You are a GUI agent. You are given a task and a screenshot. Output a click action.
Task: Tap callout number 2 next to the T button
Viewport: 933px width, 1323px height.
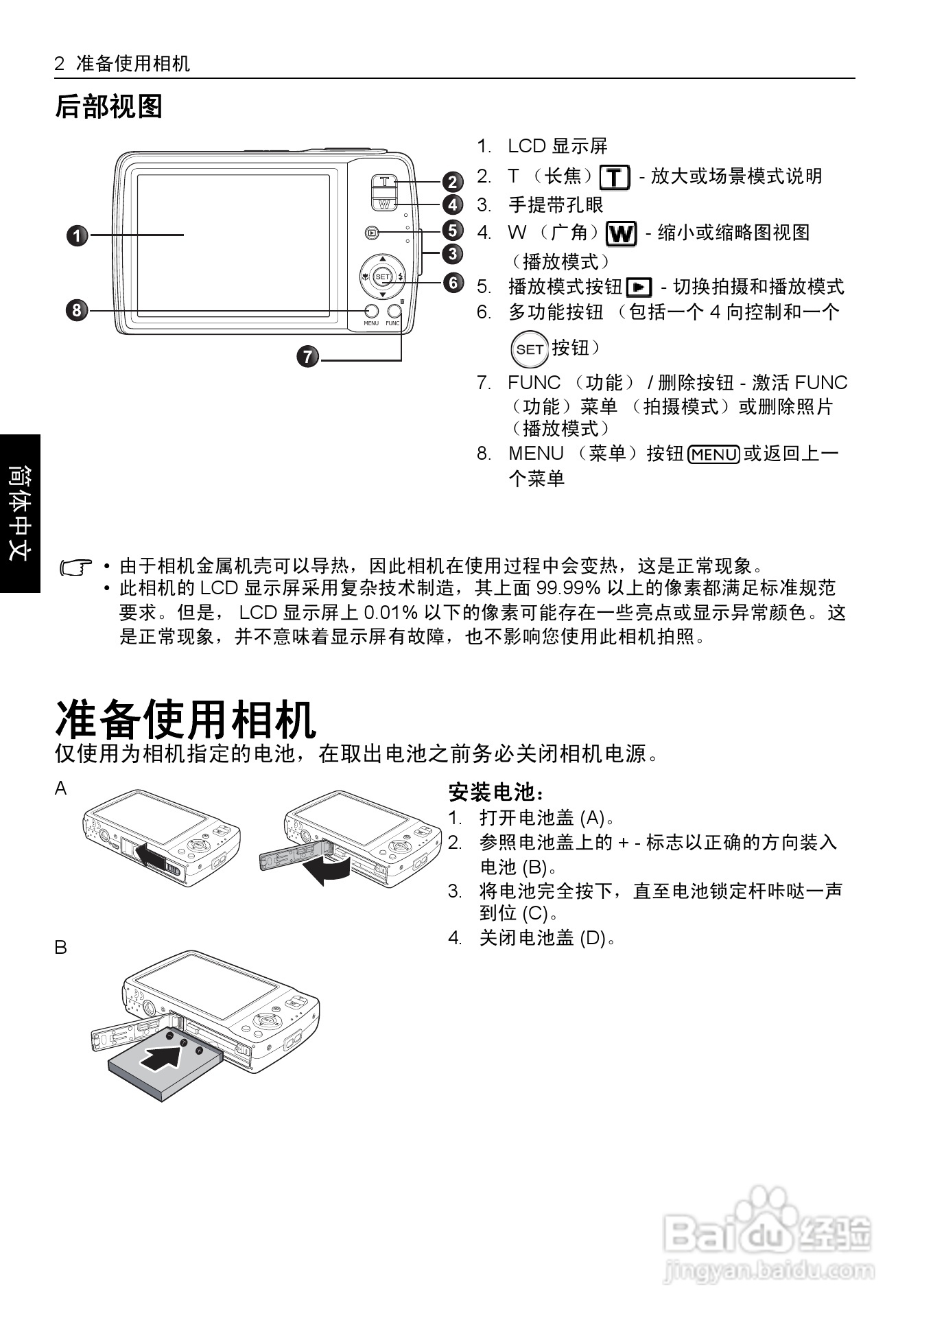coord(453,182)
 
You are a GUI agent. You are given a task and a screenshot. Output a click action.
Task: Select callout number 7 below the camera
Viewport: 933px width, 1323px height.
coord(308,357)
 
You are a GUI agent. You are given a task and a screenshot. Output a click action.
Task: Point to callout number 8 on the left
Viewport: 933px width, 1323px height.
coord(78,310)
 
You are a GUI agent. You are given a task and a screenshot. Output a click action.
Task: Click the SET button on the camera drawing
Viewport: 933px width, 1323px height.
coord(382,277)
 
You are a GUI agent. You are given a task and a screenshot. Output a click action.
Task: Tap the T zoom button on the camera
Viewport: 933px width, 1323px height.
coord(385,181)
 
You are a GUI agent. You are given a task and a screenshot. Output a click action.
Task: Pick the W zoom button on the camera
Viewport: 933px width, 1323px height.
coord(384,203)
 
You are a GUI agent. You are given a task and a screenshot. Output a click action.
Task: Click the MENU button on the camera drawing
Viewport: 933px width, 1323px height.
coord(371,311)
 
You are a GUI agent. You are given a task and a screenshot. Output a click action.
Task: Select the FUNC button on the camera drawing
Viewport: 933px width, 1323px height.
coord(393,311)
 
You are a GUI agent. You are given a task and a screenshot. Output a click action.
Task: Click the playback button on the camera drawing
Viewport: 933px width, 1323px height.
coord(372,233)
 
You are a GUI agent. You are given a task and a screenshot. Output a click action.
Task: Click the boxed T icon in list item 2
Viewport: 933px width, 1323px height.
coord(615,178)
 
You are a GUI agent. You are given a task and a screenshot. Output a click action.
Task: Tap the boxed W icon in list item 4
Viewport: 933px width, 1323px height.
coord(621,234)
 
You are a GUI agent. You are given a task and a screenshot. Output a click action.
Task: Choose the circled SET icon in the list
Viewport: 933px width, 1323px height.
coord(530,349)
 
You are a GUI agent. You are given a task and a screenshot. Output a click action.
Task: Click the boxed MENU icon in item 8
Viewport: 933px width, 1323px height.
coord(713,454)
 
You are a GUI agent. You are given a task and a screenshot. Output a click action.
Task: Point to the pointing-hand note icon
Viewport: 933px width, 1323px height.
coord(76,567)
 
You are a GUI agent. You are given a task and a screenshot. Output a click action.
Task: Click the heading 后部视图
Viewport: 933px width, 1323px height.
coord(108,106)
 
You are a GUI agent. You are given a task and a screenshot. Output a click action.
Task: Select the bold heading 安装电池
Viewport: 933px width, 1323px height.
coord(495,793)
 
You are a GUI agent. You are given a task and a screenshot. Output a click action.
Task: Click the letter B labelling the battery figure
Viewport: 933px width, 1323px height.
coord(61,948)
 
